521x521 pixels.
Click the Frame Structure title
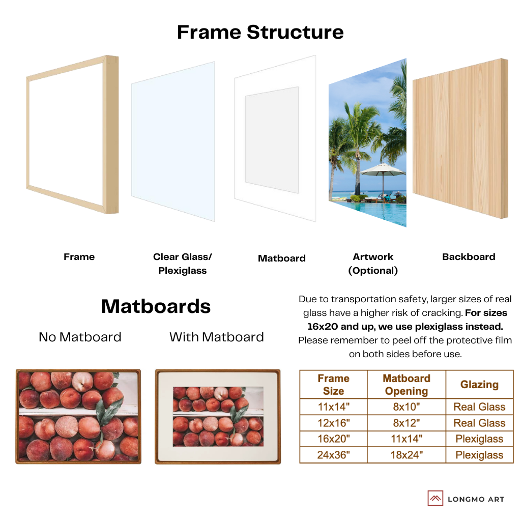[x=260, y=32]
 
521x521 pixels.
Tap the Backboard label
[x=469, y=257]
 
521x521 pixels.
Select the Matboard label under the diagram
[x=281, y=258]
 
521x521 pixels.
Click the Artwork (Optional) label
[x=373, y=264]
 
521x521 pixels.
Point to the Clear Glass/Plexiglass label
[x=182, y=264]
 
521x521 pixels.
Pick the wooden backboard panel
[x=459, y=137]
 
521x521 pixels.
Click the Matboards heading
[x=156, y=306]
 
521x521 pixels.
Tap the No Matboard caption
[x=80, y=337]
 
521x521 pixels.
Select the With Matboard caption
[x=216, y=337]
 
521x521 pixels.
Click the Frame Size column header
[x=333, y=385]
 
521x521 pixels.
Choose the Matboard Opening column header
[x=406, y=385]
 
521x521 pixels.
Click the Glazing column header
[x=479, y=385]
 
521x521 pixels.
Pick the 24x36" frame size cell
[x=333, y=455]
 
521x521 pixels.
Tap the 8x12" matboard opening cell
[x=406, y=423]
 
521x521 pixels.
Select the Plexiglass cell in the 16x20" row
[x=479, y=439]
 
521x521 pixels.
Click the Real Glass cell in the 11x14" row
[x=479, y=407]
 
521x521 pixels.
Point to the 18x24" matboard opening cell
[x=406, y=455]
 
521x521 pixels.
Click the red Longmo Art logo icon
[x=436, y=498]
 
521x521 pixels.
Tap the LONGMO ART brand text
[x=476, y=499]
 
